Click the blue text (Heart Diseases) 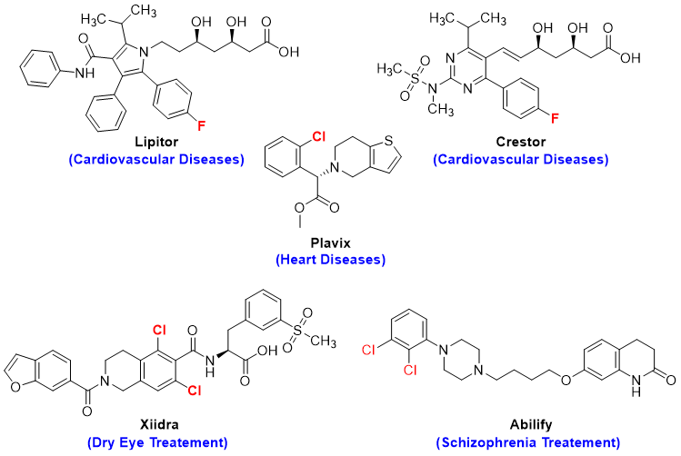click(x=331, y=260)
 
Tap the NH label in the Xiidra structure click(x=211, y=367)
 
